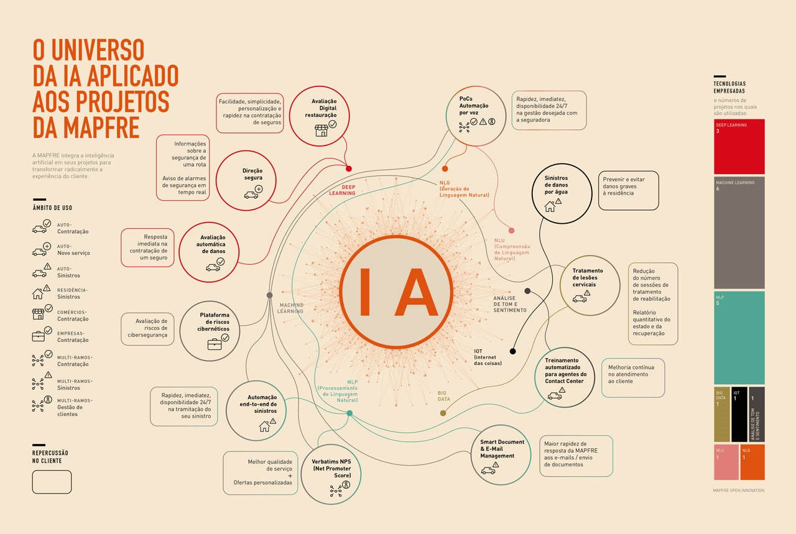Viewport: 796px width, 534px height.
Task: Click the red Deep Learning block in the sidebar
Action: (739, 147)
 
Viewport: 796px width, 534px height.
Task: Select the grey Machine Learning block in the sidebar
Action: (739, 232)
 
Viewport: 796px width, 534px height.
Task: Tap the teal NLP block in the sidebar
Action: (739, 338)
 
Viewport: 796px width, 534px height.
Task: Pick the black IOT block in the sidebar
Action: (738, 413)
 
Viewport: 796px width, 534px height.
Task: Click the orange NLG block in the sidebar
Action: (752, 462)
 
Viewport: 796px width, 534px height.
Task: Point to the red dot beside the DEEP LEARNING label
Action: (349, 168)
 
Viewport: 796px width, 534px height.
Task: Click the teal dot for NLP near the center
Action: (349, 413)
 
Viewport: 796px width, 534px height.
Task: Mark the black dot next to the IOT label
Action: (512, 351)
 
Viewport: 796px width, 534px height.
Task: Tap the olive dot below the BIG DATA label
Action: (443, 413)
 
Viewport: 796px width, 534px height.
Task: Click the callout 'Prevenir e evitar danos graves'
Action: (628, 190)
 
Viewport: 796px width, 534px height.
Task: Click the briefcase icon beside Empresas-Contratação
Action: (39, 336)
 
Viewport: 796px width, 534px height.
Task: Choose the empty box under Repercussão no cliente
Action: (52, 482)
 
